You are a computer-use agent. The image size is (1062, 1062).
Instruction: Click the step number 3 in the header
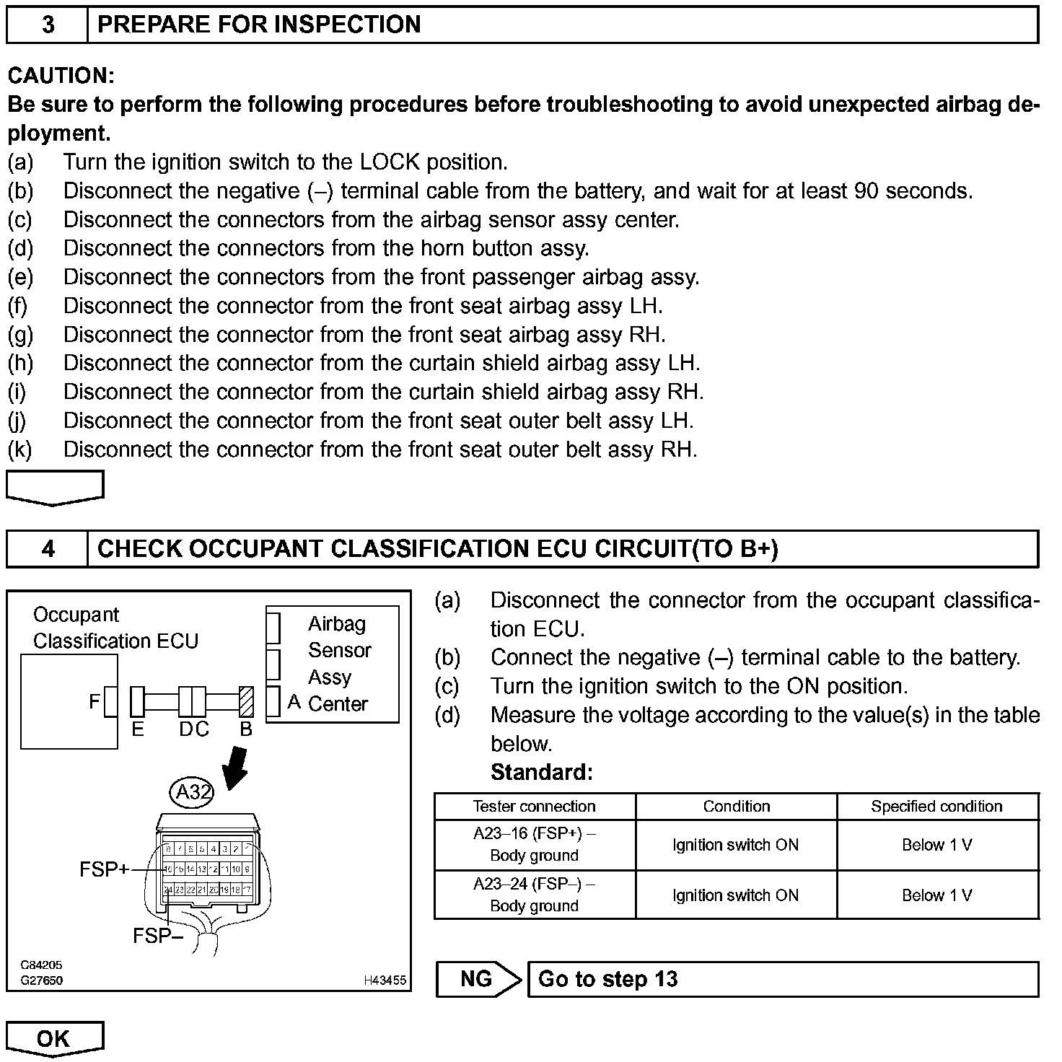pos(48,25)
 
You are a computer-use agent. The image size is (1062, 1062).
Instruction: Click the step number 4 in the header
pos(48,549)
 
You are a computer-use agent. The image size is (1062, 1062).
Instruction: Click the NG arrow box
pos(478,979)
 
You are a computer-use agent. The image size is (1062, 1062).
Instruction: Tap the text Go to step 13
pos(607,979)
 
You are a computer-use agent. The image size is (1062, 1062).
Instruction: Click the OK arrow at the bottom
pos(54,1038)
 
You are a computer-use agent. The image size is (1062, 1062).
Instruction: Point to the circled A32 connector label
pos(192,792)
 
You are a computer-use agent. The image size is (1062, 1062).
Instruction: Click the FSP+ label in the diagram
pos(103,869)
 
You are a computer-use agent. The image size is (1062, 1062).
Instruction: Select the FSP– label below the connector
pos(157,936)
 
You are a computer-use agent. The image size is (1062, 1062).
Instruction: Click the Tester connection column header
pos(534,807)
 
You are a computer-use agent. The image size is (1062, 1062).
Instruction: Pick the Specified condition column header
pos(936,807)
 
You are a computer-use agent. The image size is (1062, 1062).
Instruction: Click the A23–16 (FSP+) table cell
pos(534,844)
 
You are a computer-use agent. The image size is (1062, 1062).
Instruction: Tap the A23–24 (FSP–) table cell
pos(534,895)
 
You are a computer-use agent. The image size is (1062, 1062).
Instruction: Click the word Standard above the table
pos(541,773)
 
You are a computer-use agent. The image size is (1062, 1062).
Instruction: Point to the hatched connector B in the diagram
pos(246,701)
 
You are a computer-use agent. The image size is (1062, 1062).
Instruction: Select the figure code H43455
pos(385,980)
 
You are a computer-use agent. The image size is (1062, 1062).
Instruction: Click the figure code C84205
pos(41,965)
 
